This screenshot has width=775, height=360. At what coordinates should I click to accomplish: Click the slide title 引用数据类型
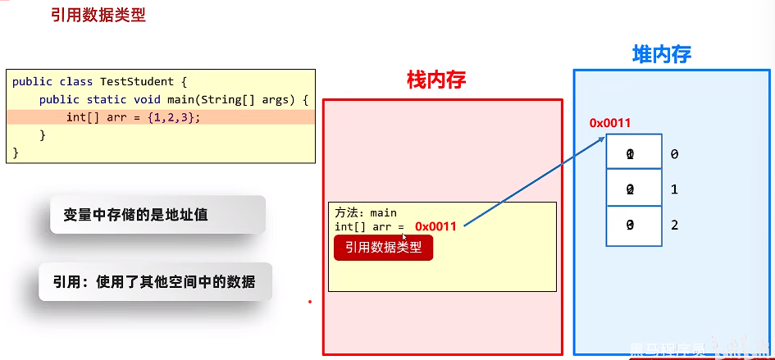click(x=98, y=16)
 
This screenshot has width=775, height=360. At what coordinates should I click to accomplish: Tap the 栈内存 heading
click(x=436, y=80)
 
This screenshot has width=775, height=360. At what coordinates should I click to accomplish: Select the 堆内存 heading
click(x=662, y=54)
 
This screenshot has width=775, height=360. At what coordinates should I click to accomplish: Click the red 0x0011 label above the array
click(x=610, y=123)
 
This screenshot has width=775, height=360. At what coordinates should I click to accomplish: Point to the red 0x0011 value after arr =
click(x=435, y=226)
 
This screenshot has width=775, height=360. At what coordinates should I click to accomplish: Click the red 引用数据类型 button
click(x=383, y=247)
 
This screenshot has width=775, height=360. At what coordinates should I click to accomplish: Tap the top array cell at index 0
click(x=633, y=153)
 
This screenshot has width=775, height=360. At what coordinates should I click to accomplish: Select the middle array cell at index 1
click(x=633, y=189)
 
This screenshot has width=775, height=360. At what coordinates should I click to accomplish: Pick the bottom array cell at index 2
click(x=633, y=226)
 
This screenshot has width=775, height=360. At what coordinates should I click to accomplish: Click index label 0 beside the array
click(x=674, y=154)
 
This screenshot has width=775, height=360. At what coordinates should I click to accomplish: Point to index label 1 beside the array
click(x=674, y=189)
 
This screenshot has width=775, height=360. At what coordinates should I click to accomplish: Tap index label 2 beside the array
click(x=674, y=226)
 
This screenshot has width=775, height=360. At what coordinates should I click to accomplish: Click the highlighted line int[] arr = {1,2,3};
click(x=134, y=117)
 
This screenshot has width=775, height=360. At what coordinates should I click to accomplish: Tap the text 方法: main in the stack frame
click(x=366, y=212)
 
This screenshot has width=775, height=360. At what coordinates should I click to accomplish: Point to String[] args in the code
click(x=249, y=99)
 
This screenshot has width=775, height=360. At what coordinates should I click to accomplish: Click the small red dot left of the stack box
click(x=310, y=302)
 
